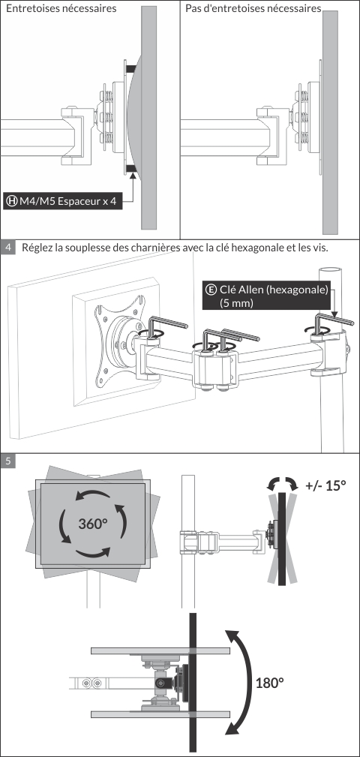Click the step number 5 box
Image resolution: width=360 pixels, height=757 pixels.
(x=7, y=461)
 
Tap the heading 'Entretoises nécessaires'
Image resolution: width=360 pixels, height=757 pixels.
(x=61, y=9)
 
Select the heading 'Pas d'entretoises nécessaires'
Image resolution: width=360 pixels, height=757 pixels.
(x=253, y=9)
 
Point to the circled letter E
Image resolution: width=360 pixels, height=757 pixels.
(x=211, y=290)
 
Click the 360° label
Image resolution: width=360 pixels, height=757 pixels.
(x=93, y=524)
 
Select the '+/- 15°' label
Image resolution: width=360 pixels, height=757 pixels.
(x=325, y=485)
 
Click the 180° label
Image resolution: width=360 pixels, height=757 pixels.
(x=269, y=683)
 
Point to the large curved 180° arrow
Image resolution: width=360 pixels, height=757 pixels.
(x=251, y=680)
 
